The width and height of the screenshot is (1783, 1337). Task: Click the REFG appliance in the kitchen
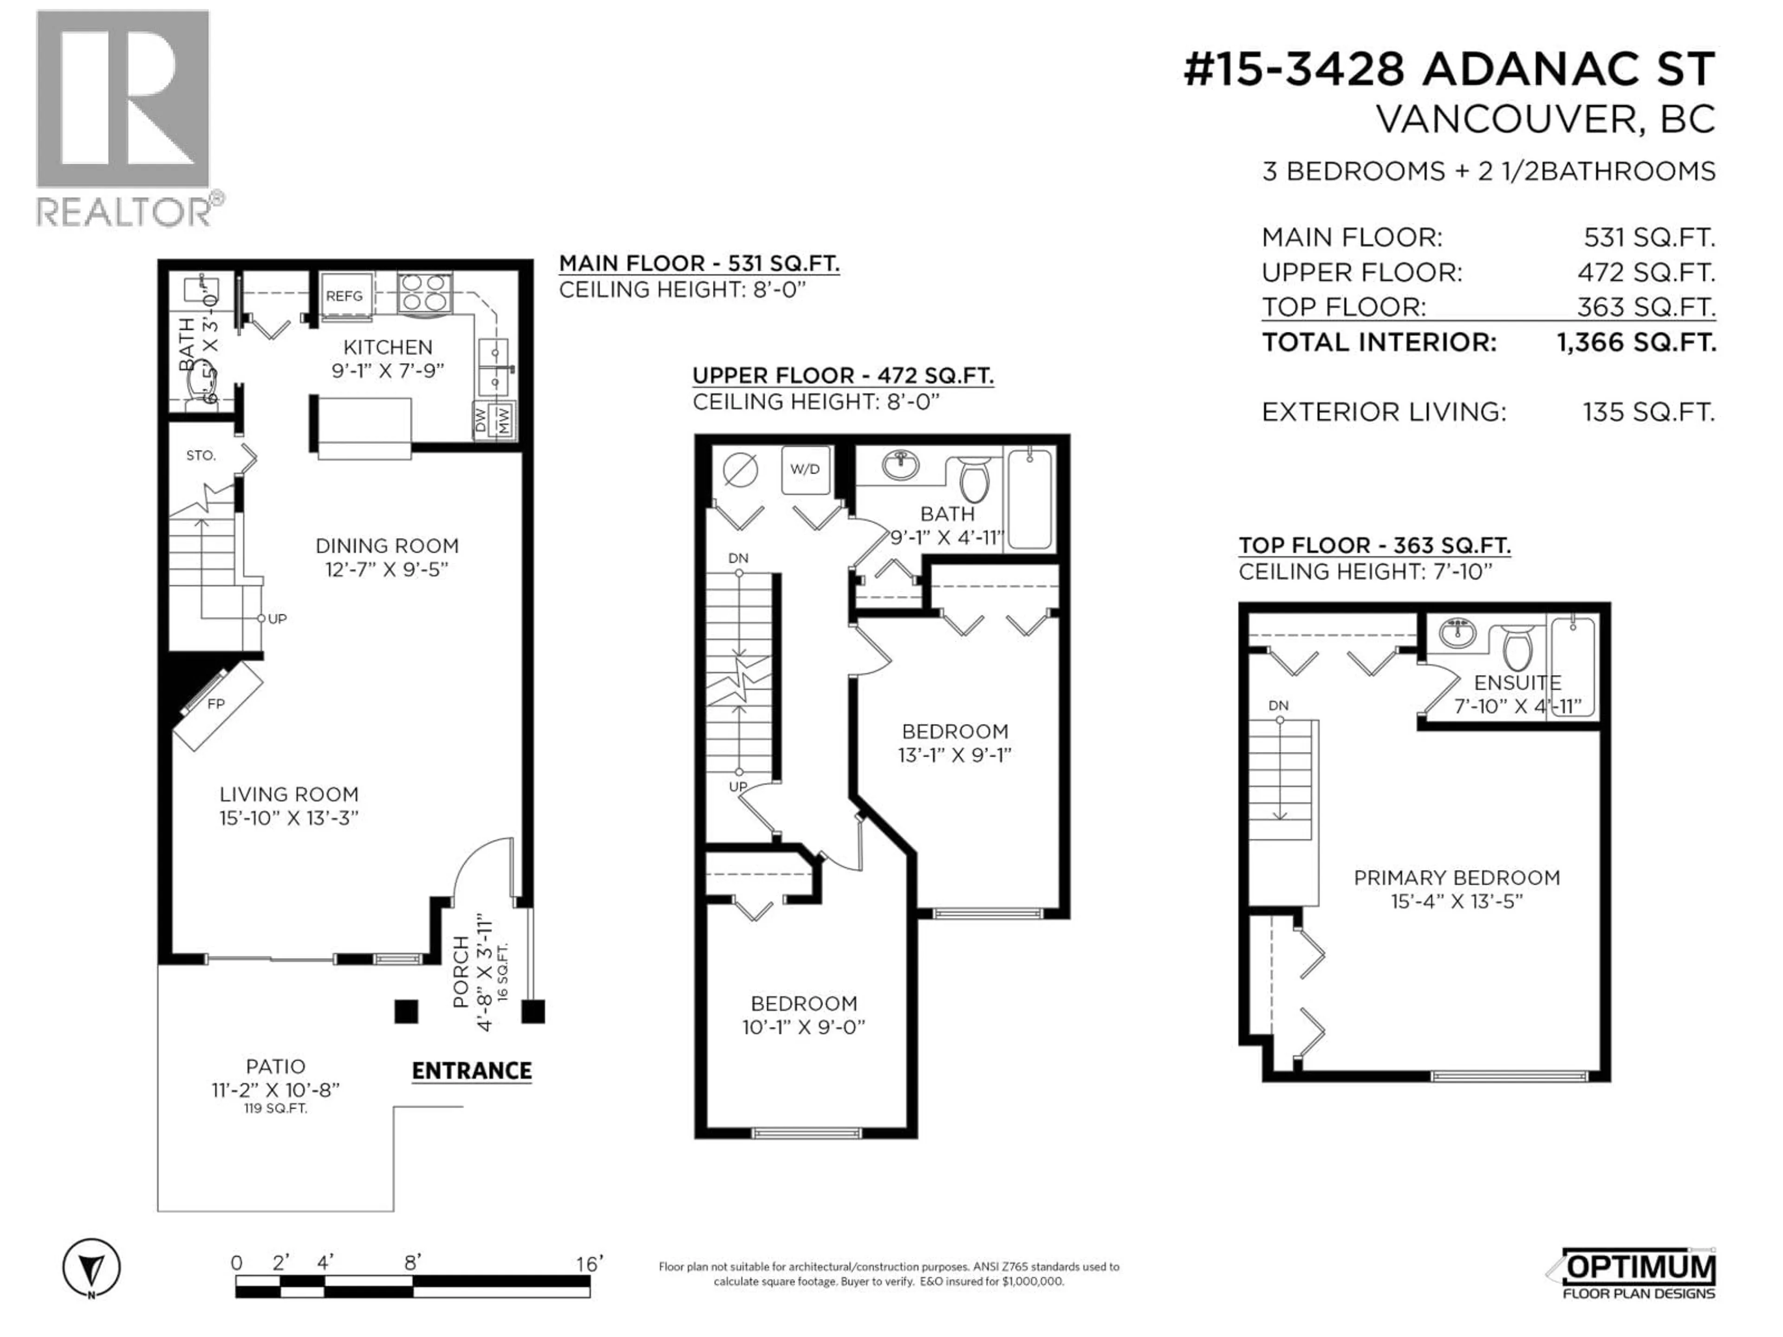(x=344, y=296)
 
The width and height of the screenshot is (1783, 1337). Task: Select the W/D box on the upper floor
(x=805, y=469)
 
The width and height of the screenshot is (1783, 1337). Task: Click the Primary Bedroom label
(x=1457, y=877)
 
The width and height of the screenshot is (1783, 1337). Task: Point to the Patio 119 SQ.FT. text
(x=276, y=1109)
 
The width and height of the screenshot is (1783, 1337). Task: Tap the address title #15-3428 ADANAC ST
(x=1449, y=70)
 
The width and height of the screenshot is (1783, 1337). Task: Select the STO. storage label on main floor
(x=201, y=455)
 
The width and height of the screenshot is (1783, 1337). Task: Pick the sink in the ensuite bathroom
(x=1458, y=633)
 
